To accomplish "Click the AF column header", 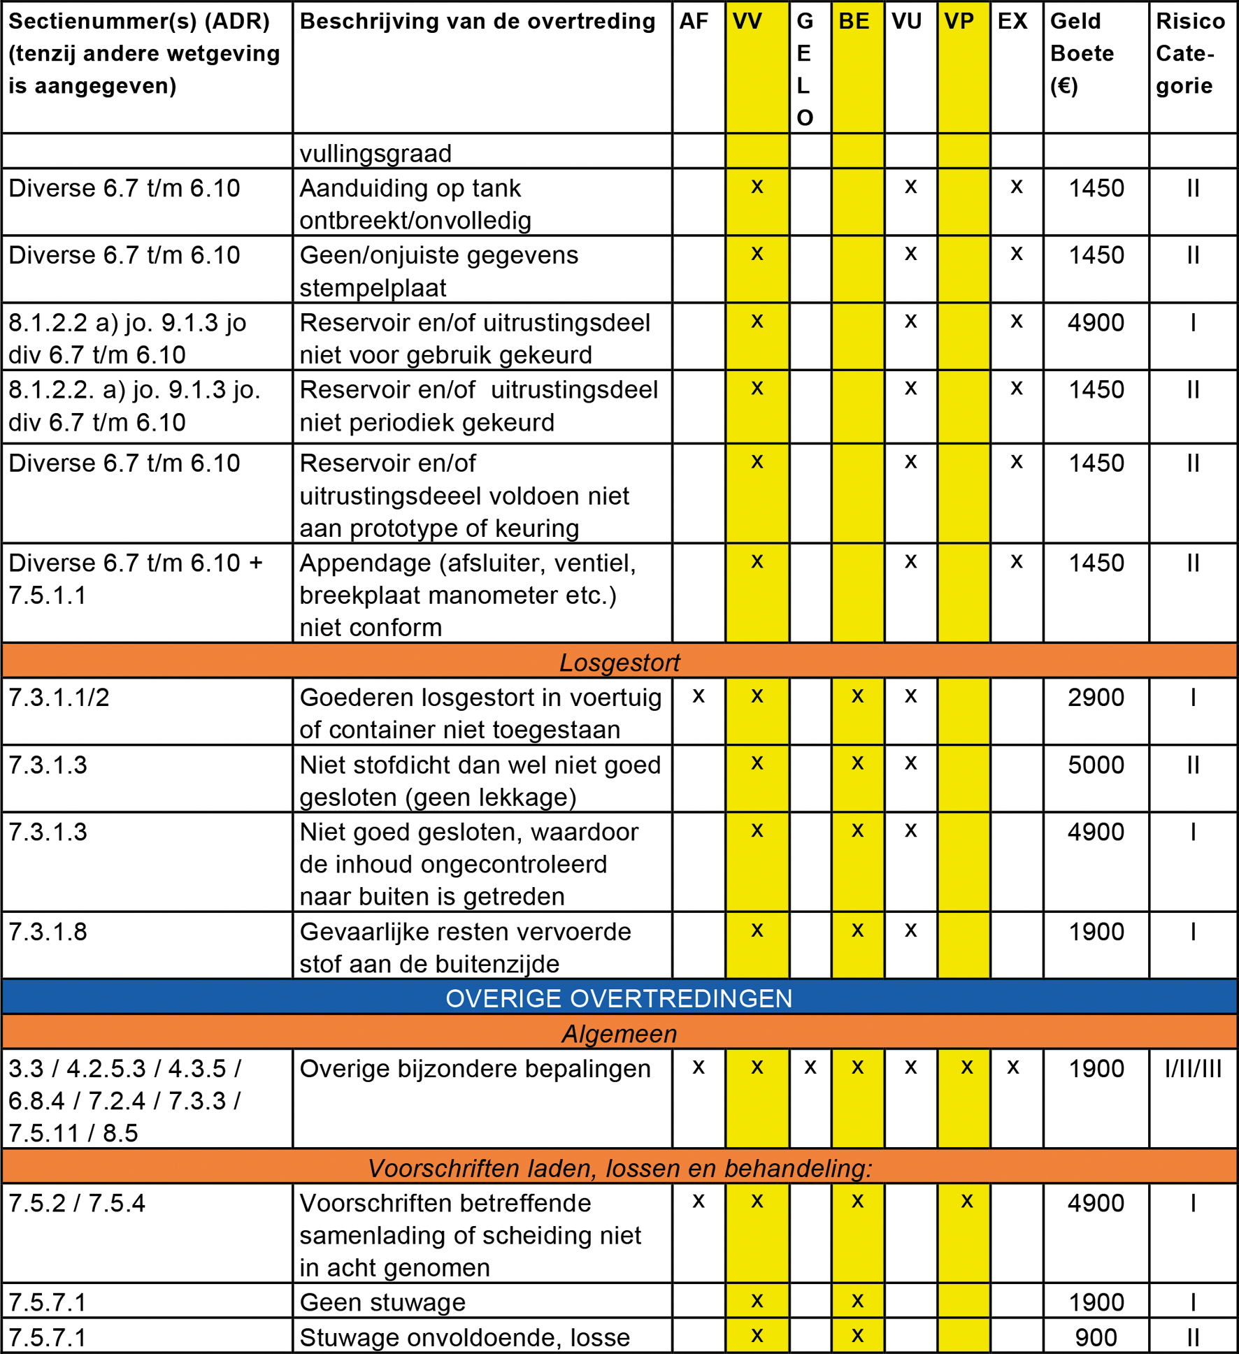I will pos(694,21).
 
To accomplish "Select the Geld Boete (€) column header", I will pos(1082,53).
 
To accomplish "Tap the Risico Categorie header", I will pos(1190,53).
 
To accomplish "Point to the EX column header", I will pos(1012,21).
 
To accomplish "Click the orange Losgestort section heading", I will pos(619,662).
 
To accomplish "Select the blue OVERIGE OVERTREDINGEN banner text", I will pos(619,998).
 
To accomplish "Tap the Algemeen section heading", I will pos(619,1033).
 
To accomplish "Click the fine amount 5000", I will pos(1096,765).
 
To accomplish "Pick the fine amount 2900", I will pos(1096,698).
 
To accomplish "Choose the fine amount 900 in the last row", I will pos(1096,1337).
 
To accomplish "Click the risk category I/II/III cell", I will pos(1193,1069).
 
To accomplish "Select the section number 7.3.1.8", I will pos(48,932).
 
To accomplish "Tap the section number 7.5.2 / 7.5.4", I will pos(77,1203).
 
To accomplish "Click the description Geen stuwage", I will pos(382,1302).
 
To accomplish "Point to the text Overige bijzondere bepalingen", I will pos(475,1069).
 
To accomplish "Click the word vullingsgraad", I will pos(375,153).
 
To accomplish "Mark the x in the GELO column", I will pos(810,1067).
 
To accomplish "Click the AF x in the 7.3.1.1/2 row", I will pos(698,696).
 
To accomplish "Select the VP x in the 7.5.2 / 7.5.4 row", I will pos(967,1202).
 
